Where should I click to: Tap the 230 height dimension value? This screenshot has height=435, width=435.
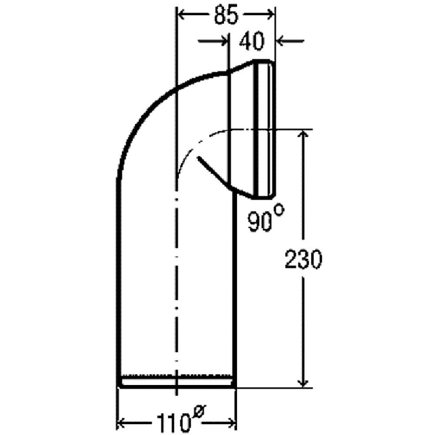click(x=303, y=260)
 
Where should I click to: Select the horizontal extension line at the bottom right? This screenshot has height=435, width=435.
click(x=274, y=388)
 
